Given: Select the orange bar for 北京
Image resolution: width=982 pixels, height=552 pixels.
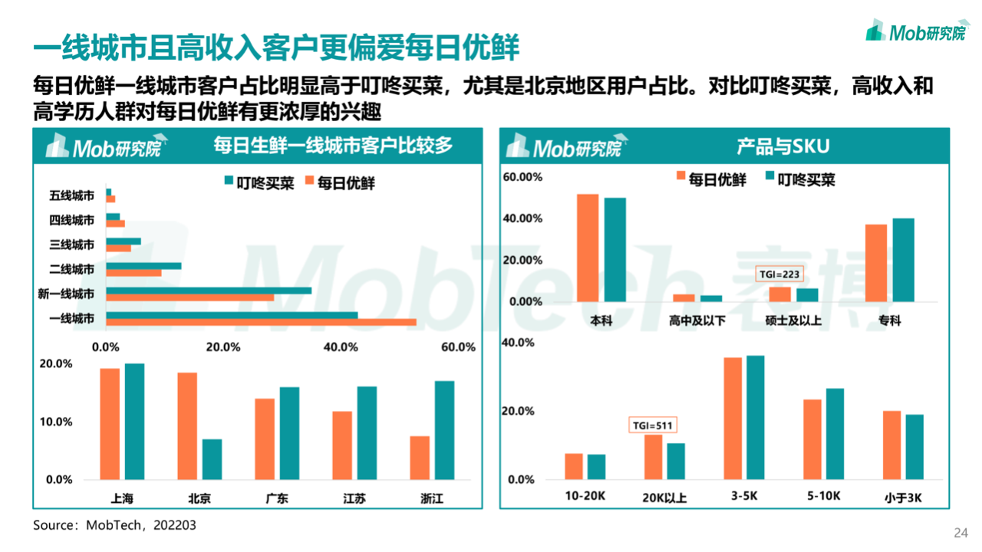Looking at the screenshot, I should coord(187,426).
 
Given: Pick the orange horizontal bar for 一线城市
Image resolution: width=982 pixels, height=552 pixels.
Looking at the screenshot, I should coord(261,321).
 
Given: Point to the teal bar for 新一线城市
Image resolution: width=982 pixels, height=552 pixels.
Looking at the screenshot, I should coord(209,291).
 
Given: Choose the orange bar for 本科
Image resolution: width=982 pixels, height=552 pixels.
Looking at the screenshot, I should coord(588,248).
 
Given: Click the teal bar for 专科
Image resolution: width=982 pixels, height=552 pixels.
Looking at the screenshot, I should coord(904,260).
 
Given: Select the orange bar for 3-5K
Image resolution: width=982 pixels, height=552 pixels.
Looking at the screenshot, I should coord(733,419).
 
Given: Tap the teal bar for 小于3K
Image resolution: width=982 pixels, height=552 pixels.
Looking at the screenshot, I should coord(914,447).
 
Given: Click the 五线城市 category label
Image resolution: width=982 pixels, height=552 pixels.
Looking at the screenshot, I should coord(72,196).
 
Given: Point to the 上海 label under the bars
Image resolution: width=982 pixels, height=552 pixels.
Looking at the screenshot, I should coord(122,498).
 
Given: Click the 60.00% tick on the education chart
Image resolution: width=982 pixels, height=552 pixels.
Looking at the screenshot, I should coord(522,177).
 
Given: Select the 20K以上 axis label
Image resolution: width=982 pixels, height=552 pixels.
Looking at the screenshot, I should coord(664,498).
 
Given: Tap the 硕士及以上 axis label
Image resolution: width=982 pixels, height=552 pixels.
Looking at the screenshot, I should coord(793,320).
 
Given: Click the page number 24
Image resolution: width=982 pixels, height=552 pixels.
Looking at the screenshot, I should coord(960,533).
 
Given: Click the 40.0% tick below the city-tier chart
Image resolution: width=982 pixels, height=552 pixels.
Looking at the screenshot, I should coord(341,347).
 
